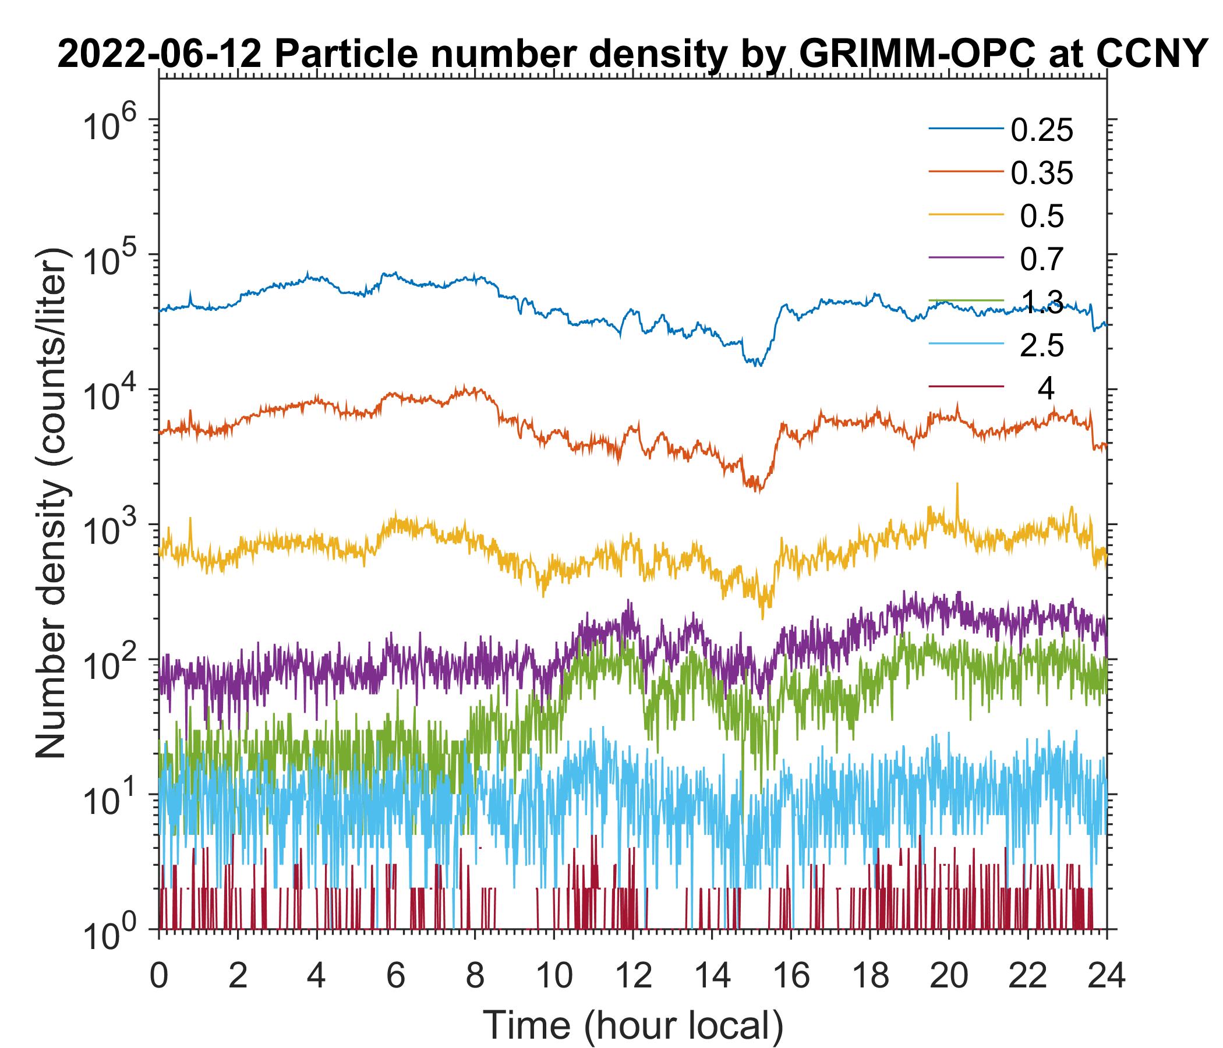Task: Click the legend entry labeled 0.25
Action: coord(1042,130)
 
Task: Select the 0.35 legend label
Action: coord(1042,174)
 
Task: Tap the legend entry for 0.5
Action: coord(1042,217)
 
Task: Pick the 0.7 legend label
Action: coord(1042,260)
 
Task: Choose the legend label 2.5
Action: coord(1042,346)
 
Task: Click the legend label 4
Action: coord(1045,389)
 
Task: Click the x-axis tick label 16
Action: coord(791,976)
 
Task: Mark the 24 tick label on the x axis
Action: coord(1106,976)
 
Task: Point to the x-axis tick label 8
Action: coord(475,976)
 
